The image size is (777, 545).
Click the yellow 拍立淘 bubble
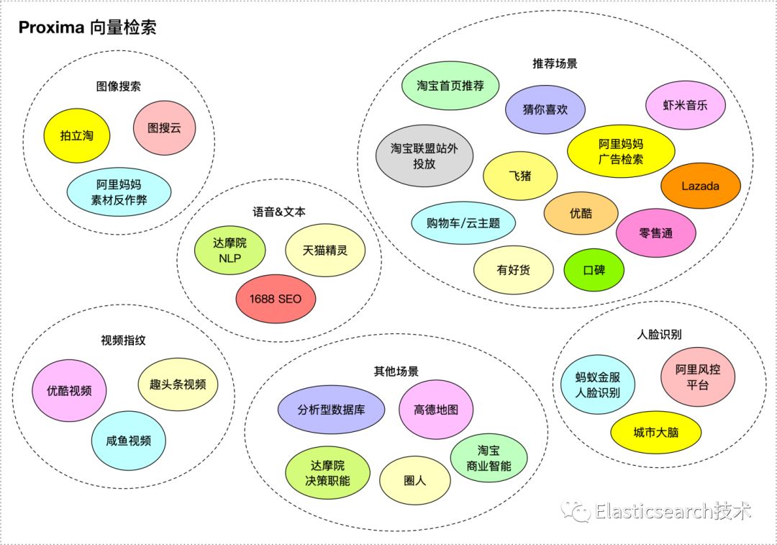pyautogui.click(x=77, y=135)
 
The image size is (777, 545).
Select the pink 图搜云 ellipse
pyautogui.click(x=164, y=127)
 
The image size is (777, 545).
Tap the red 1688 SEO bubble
pyautogui.click(x=276, y=297)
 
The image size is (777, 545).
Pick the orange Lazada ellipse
pyautogui.click(x=701, y=186)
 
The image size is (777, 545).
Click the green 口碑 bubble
pyautogui.click(x=594, y=270)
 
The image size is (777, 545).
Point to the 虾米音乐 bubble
pyautogui.click(x=685, y=104)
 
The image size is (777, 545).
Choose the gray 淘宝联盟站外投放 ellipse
pyautogui.click(x=424, y=156)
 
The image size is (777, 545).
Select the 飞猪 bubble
pyautogui.click(x=520, y=175)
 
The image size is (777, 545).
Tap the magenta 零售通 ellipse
pyautogui.click(x=655, y=233)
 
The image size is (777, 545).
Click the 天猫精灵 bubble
pyautogui.click(x=325, y=251)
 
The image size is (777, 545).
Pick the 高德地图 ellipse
pyautogui.click(x=435, y=410)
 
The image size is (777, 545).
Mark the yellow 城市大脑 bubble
pyautogui.click(x=655, y=433)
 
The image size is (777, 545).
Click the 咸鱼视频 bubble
pyautogui.click(x=129, y=441)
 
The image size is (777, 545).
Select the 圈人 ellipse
pyautogui.click(x=415, y=479)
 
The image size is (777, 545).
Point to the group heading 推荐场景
pyautogui.click(x=555, y=63)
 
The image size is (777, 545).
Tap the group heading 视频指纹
pyautogui.click(x=124, y=341)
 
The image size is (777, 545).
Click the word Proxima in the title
pyautogui.click(x=50, y=28)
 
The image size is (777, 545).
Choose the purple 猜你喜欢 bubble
pyautogui.click(x=545, y=109)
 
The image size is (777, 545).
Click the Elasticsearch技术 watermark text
pyautogui.click(x=673, y=511)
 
